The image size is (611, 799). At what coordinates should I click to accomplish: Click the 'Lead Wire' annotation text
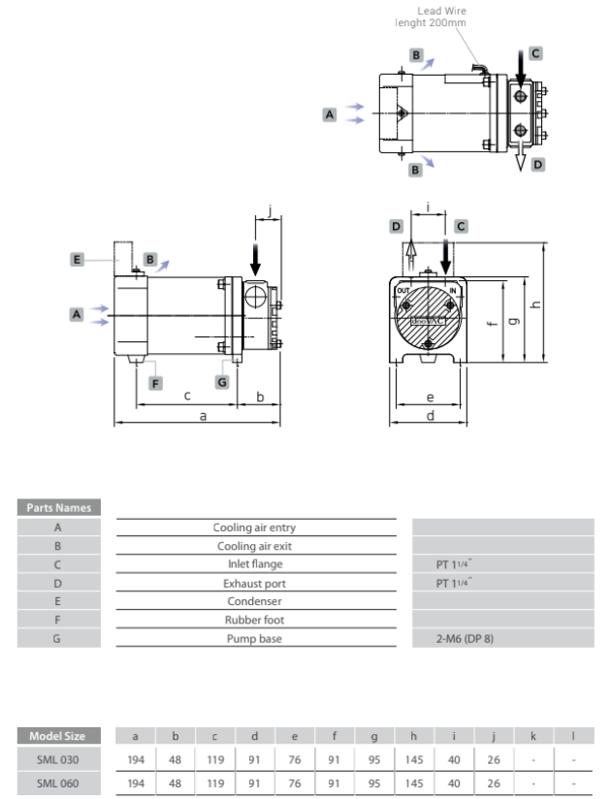pos(441,11)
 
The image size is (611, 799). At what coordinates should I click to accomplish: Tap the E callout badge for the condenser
pos(77,259)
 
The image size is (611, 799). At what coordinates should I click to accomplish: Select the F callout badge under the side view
pos(155,383)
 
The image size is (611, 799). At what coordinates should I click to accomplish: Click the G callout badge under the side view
pos(222,382)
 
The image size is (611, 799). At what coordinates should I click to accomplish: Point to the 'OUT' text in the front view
pos(403,291)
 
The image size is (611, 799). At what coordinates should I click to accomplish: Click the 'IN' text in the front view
pos(453,291)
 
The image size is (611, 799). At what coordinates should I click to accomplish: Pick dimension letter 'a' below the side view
pos(203,416)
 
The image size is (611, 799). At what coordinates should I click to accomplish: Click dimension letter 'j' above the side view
pos(270,210)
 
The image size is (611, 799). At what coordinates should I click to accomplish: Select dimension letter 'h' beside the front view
pos(535,304)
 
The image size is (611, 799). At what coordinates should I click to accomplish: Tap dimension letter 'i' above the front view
pos(428,207)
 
